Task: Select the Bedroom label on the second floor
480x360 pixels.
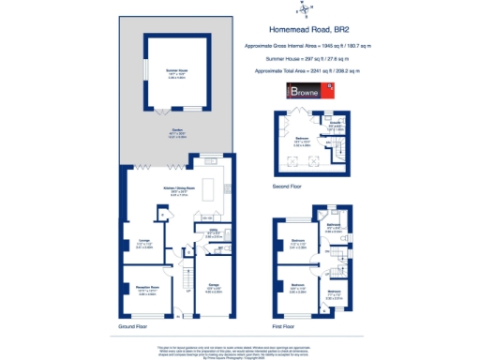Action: click(302, 142)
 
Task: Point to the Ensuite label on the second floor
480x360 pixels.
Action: click(335, 123)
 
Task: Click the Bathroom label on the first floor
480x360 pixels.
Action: click(333, 226)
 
